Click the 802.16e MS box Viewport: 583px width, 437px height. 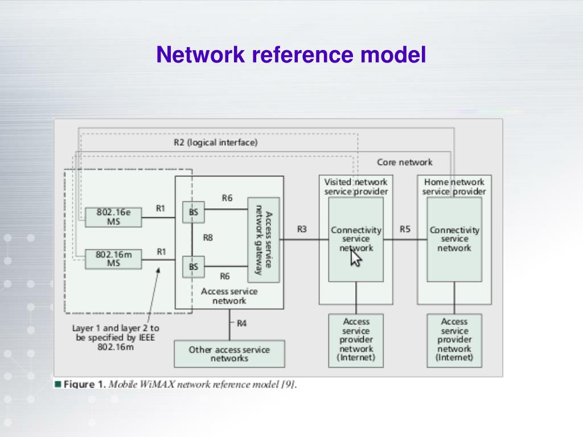[x=113, y=217]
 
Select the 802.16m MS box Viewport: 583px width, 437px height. [x=113, y=259]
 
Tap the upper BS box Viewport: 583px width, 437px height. [x=194, y=212]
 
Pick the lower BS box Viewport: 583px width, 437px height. [x=194, y=267]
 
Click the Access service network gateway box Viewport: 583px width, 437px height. [x=264, y=240]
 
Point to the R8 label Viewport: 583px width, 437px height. [x=208, y=238]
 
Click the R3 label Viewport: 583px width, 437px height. [x=302, y=229]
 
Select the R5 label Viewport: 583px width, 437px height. [x=405, y=229]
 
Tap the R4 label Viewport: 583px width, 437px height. [x=241, y=324]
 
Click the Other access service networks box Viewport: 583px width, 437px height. [x=229, y=354]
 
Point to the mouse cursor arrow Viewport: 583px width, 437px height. [x=355, y=257]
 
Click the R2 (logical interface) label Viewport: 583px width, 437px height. [x=216, y=142]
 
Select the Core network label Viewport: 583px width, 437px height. [x=405, y=162]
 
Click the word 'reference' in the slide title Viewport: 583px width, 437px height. [x=302, y=54]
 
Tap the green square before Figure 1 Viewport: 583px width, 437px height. [x=58, y=384]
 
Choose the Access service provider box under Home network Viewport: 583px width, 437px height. [x=454, y=341]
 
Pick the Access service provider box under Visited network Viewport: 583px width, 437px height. [x=356, y=341]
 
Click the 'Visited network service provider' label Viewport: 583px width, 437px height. [x=356, y=187]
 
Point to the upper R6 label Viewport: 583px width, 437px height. [x=227, y=198]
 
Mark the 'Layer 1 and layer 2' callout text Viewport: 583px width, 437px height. [x=116, y=337]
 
